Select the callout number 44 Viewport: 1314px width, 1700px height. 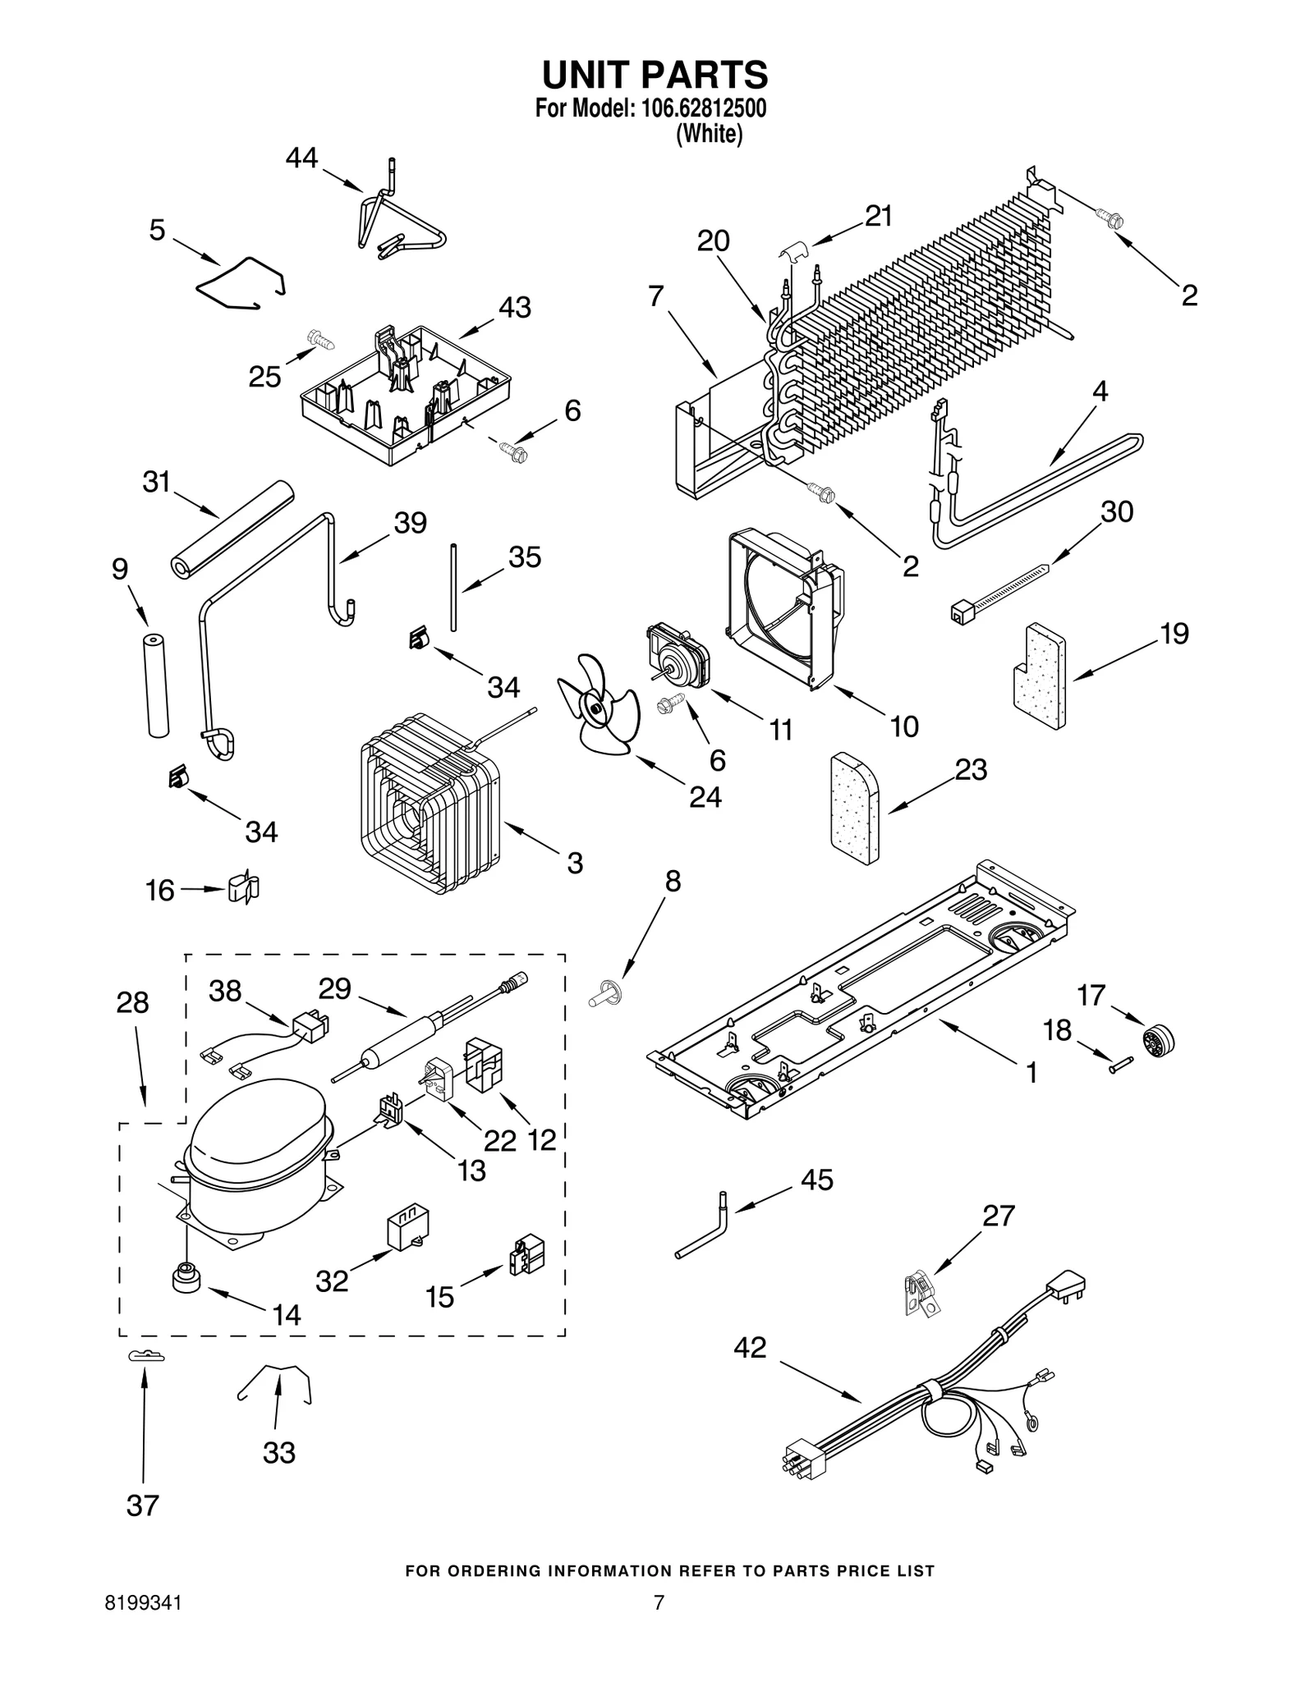301,158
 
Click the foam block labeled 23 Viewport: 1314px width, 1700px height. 854,809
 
